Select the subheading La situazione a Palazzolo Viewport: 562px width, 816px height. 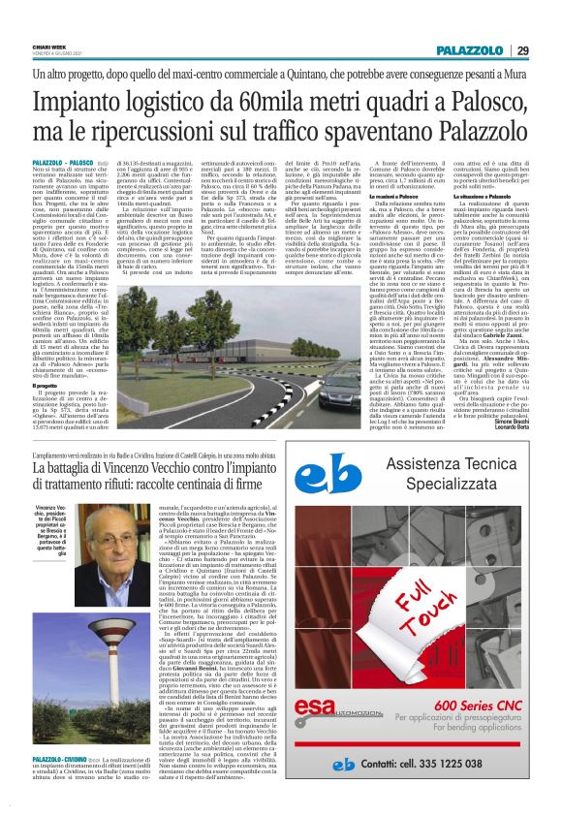490,224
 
